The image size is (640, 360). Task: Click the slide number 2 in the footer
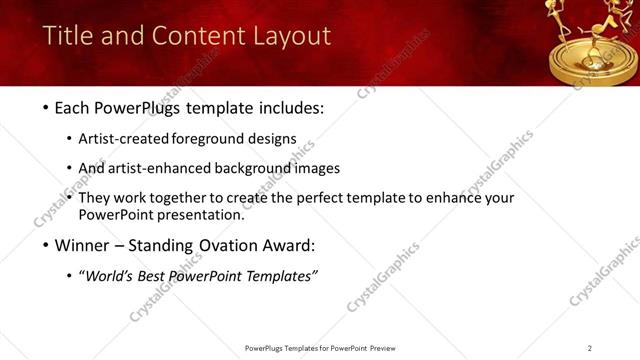tap(590, 348)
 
